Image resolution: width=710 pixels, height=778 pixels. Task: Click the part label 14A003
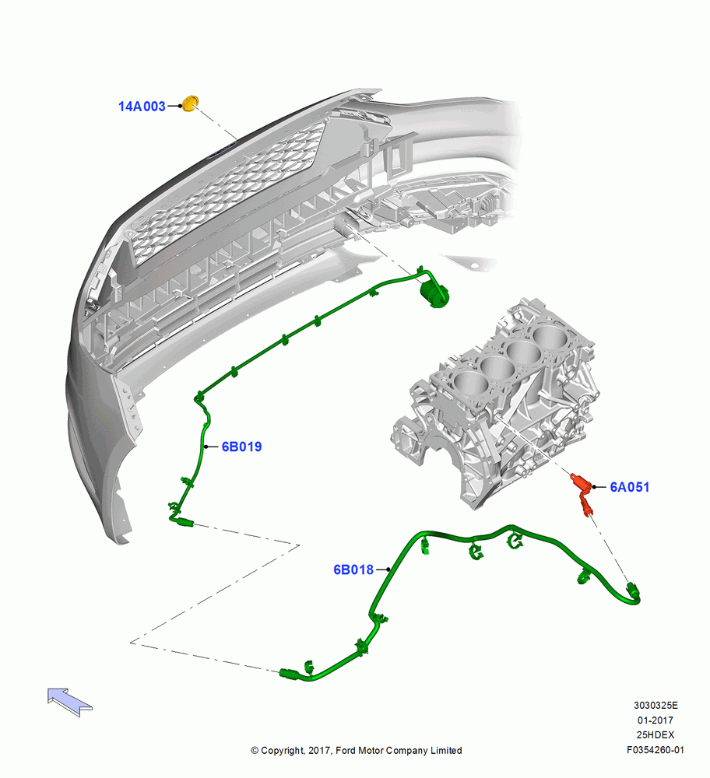point(142,106)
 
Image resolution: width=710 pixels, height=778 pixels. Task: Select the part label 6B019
point(241,447)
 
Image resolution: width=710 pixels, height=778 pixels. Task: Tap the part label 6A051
point(630,487)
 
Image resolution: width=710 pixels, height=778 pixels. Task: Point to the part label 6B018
point(353,569)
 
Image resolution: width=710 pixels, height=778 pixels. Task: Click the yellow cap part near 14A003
point(189,103)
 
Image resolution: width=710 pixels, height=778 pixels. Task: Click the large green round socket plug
point(434,294)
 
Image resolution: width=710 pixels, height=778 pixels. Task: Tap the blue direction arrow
point(69,702)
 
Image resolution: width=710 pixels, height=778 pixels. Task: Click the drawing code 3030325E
point(656,706)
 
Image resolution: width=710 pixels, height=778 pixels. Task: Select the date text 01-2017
point(656,720)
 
